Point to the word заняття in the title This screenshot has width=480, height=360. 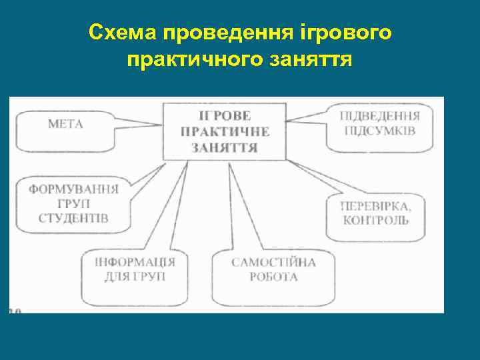[309, 61]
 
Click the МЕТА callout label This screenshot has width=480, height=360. [65, 123]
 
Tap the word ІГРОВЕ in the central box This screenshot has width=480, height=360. [225, 116]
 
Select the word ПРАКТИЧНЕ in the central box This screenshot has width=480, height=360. [225, 131]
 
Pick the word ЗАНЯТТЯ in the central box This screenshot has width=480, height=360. [225, 147]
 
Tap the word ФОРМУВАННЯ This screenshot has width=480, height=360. [73, 189]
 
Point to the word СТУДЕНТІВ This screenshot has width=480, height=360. [73, 218]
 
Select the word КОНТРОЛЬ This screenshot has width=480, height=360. [375, 219]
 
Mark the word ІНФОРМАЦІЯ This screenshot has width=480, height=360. [135, 261]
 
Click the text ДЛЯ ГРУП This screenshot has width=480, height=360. [135, 276]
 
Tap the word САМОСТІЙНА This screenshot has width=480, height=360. [273, 262]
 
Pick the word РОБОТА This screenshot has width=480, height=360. [273, 277]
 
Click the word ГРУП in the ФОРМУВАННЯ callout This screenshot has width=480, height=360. [73, 203]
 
